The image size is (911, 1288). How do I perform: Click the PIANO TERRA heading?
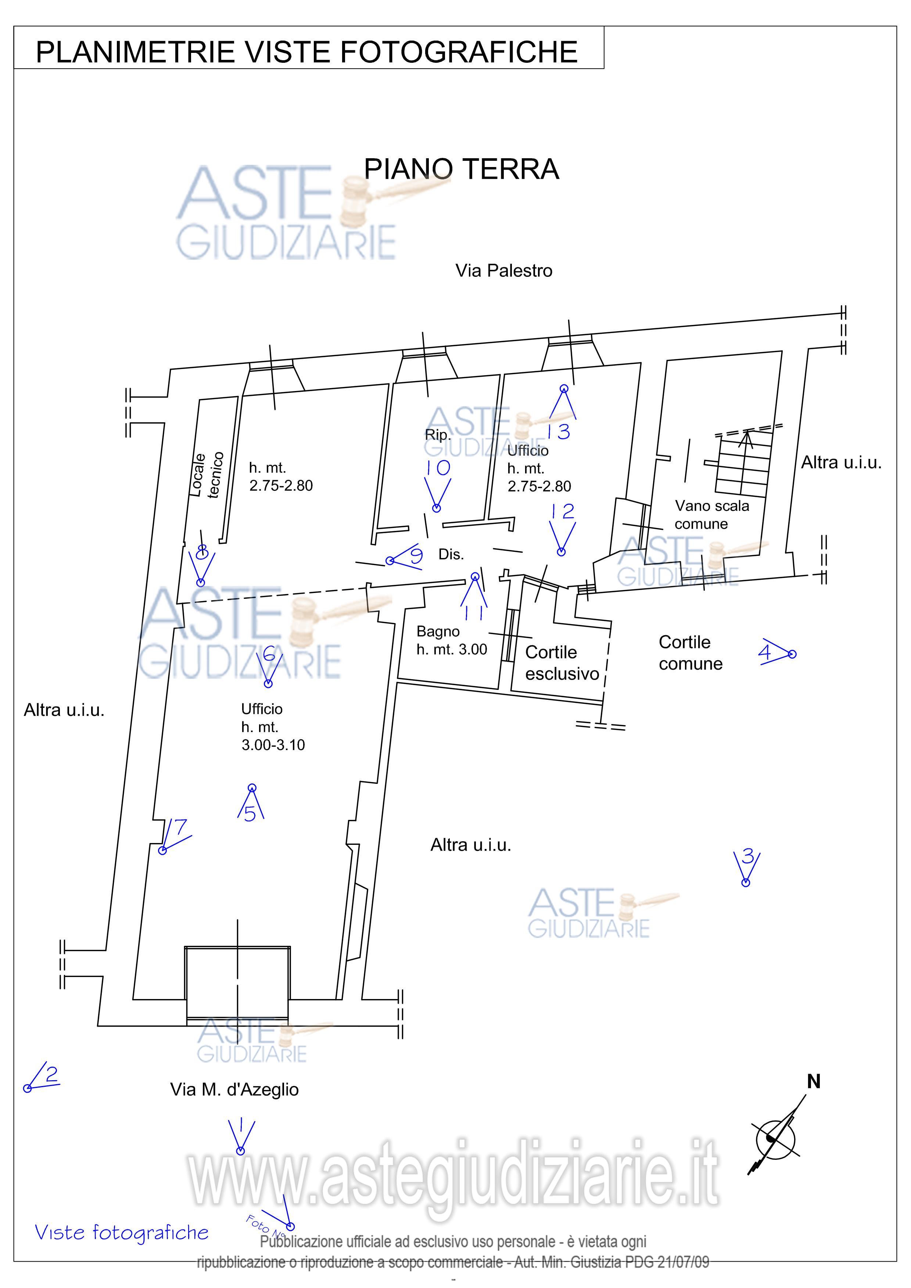pyautogui.click(x=462, y=169)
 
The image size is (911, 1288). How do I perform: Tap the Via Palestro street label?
pyautogui.click(x=503, y=271)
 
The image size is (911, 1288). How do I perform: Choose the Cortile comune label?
pyautogui.click(x=691, y=652)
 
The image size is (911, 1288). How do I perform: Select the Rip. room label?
pyautogui.click(x=437, y=435)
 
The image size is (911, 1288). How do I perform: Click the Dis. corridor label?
pyautogui.click(x=451, y=554)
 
